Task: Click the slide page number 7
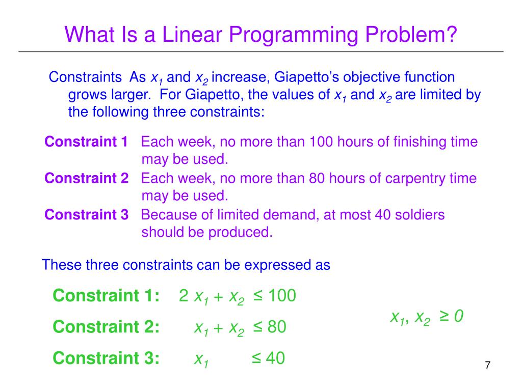click(x=488, y=365)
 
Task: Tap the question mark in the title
click(x=451, y=35)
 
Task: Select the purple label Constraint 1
click(x=86, y=142)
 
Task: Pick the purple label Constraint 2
click(x=86, y=178)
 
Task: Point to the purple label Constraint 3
click(x=86, y=215)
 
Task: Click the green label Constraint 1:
click(x=106, y=296)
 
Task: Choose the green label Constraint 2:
click(x=106, y=327)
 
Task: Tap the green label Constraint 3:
click(x=106, y=358)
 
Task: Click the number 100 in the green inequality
click(x=281, y=296)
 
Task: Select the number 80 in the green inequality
click(x=277, y=327)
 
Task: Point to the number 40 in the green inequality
click(x=275, y=358)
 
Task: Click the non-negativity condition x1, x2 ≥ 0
click(x=426, y=317)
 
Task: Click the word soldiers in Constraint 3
click(x=420, y=215)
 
